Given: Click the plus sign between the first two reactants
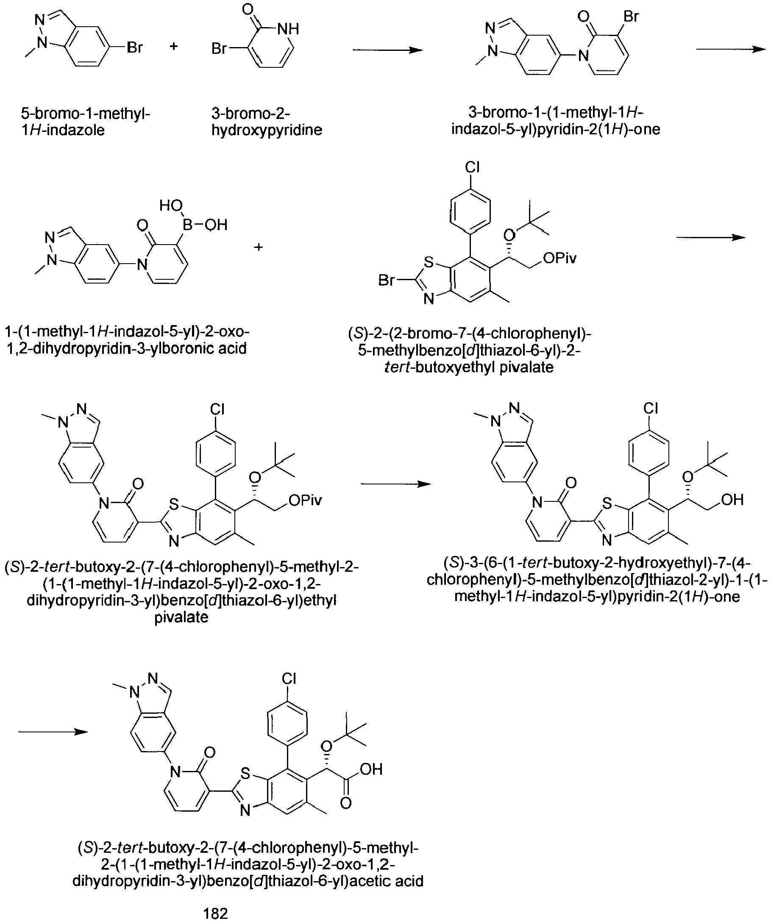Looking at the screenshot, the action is click(x=174, y=46).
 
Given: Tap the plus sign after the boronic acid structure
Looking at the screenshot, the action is click(x=258, y=248).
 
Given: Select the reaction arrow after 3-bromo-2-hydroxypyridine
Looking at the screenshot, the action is click(x=388, y=50).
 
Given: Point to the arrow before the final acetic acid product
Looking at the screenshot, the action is click(x=53, y=732).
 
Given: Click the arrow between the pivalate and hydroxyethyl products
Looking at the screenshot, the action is click(x=396, y=484).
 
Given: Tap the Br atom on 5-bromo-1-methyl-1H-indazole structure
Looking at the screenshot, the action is click(x=135, y=47).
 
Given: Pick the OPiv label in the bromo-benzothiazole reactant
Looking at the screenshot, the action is click(x=559, y=258).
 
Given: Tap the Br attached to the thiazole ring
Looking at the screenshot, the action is click(x=387, y=279).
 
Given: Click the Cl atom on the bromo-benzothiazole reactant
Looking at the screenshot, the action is click(x=472, y=167).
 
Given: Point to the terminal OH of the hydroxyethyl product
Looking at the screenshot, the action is click(x=732, y=500).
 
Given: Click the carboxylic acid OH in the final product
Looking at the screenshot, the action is click(x=370, y=769).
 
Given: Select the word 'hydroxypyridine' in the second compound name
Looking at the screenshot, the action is click(x=267, y=130).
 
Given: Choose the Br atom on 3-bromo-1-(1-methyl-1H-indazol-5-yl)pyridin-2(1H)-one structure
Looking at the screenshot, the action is click(x=631, y=17).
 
